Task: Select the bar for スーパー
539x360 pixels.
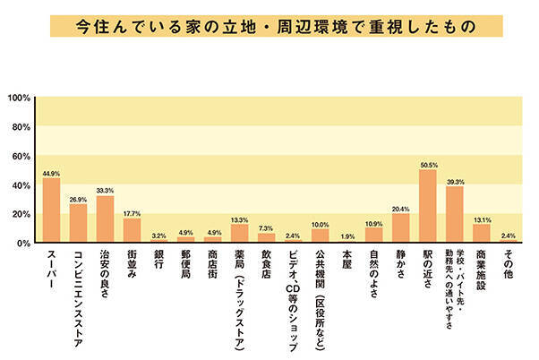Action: (51, 210)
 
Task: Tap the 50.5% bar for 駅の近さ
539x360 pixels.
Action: (427, 206)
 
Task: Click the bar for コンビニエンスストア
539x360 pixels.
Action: (78, 223)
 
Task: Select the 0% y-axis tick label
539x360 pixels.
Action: (24, 243)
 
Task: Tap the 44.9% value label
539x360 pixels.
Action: (51, 173)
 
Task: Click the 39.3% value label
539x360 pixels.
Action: (454, 181)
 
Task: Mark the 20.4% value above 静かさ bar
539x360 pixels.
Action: (400, 209)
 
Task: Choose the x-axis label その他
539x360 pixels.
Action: (508, 267)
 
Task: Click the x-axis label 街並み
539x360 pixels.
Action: (132, 267)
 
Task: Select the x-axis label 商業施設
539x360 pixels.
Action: (481, 272)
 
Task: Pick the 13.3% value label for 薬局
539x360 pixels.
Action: (239, 219)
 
